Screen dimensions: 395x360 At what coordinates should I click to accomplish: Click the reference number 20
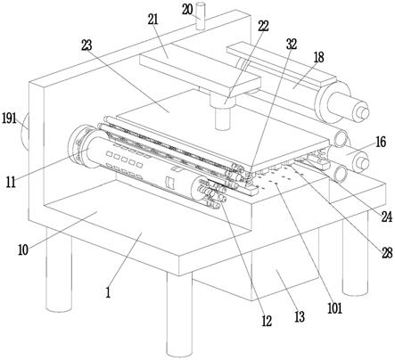[187, 10]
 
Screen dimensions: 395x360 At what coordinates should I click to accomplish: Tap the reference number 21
[152, 20]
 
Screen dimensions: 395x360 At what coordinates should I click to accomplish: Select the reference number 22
[263, 26]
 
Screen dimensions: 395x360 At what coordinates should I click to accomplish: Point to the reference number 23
[86, 45]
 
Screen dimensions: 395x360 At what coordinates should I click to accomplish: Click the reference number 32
[292, 44]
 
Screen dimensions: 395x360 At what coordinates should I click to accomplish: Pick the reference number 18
[318, 57]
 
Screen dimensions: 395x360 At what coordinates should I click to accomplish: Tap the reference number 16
[381, 142]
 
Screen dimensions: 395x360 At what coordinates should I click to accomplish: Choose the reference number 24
[387, 217]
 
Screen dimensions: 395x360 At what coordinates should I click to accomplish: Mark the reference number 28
[387, 253]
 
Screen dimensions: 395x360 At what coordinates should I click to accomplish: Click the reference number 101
[335, 308]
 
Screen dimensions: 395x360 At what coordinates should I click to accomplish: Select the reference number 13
[300, 317]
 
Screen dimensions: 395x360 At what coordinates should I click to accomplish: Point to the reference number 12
[267, 321]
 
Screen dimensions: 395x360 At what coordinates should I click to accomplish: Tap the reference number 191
[9, 119]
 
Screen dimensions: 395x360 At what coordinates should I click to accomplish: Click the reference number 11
[11, 182]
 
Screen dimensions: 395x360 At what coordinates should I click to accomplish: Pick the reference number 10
[23, 250]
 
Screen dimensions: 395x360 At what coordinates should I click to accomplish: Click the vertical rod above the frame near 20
[201, 16]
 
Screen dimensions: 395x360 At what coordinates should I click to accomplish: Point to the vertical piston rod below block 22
[223, 119]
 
